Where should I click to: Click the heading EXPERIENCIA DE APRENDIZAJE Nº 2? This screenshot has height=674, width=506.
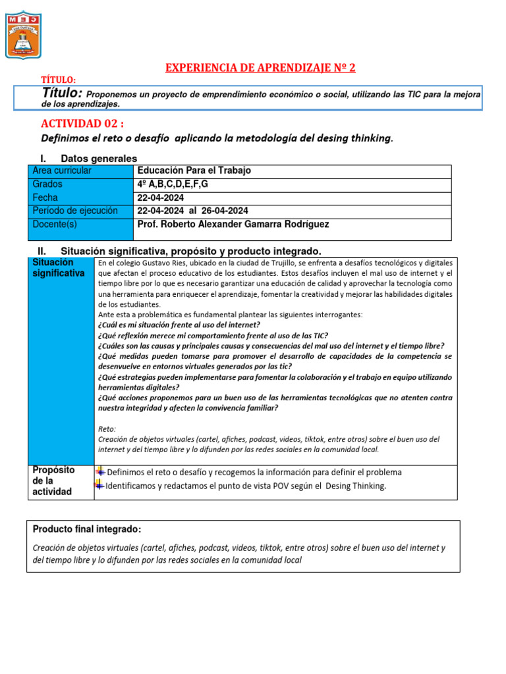point(260,68)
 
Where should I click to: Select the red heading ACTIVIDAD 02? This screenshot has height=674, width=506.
point(82,124)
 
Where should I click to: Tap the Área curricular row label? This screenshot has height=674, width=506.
point(62,170)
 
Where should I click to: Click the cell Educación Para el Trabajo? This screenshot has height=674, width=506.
point(194,170)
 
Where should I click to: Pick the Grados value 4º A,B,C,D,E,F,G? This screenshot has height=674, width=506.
point(173,184)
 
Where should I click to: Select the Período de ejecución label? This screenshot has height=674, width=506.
point(75,211)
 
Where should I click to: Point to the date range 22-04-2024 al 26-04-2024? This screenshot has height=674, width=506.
point(192,211)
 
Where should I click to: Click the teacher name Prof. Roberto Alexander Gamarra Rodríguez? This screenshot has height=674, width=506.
point(233,224)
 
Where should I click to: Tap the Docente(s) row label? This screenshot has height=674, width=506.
point(55,224)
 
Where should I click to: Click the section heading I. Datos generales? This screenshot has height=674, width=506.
point(99,159)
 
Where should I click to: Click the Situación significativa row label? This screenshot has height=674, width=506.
point(59,268)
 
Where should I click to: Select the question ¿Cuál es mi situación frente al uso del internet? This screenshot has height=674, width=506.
point(179,324)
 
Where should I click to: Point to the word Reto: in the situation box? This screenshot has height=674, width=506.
point(107,428)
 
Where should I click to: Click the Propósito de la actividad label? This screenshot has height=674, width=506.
point(54,480)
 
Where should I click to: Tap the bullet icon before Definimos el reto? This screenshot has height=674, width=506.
point(100,471)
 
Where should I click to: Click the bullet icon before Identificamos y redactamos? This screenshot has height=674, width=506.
point(100,485)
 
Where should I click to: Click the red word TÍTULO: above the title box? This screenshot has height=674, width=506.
point(59,80)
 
